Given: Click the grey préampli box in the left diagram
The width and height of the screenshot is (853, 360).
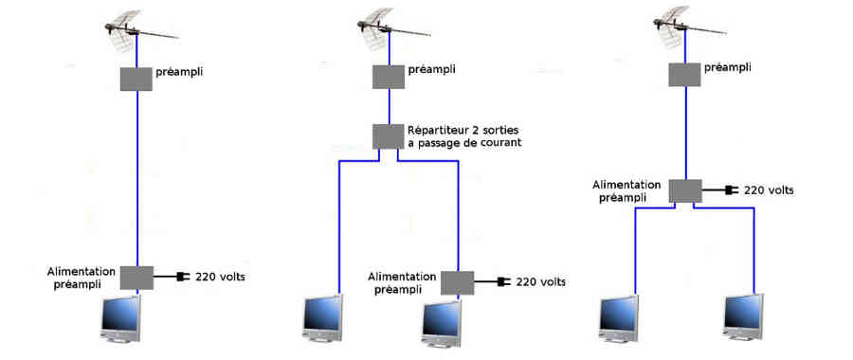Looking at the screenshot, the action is [136, 79].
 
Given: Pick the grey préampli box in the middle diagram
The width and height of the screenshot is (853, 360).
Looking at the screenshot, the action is [389, 77].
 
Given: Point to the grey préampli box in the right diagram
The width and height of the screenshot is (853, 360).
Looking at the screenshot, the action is [685, 75].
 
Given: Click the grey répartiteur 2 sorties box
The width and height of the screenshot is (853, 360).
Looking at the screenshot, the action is [389, 136].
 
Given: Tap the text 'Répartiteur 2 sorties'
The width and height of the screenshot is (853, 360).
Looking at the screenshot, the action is [463, 131].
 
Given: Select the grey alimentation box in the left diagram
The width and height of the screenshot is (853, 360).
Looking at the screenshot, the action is [136, 278].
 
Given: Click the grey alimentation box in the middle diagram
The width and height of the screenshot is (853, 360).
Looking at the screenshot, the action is [457, 282].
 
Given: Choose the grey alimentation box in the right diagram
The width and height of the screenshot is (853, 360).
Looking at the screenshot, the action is [685, 190].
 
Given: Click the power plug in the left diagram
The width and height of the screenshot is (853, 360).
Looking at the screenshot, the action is [183, 277].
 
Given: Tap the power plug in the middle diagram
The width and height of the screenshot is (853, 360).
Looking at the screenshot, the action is [503, 281].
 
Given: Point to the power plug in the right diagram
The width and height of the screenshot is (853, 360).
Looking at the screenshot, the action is [732, 190].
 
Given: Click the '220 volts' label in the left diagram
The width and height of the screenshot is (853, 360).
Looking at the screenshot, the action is [220, 277].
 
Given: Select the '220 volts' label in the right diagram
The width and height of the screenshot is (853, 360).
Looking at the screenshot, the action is [769, 190].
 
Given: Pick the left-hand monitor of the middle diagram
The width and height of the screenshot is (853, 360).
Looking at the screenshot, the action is [323, 318].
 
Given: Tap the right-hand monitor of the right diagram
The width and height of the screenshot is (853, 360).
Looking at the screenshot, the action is [744, 318].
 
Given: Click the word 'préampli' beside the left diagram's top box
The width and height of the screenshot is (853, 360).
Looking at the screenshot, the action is [179, 72].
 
